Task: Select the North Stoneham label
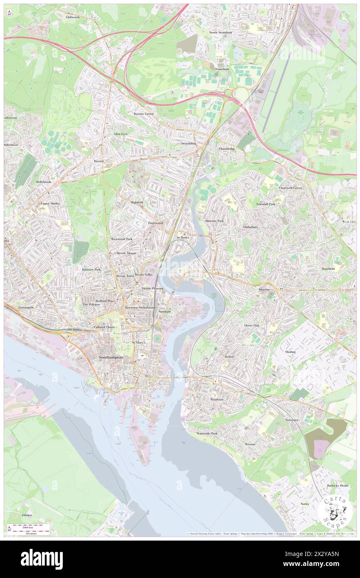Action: pos(221,32)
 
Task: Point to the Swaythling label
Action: pos(188,143)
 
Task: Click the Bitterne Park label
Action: pos(215,221)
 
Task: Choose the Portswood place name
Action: pos(155,223)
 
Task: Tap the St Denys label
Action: pos(183,237)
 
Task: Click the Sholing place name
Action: pos(290,352)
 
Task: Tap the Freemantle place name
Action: pos(26,307)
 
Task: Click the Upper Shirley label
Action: pos(50,204)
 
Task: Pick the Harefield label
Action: pos(330,269)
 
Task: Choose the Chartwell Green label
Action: pos(290,188)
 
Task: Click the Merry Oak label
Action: pos(251,325)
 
